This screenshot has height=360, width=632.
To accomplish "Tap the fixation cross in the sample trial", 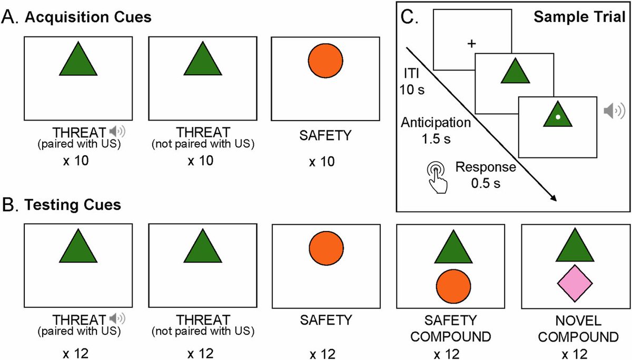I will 471,44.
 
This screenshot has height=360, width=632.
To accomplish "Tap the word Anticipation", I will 434,123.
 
